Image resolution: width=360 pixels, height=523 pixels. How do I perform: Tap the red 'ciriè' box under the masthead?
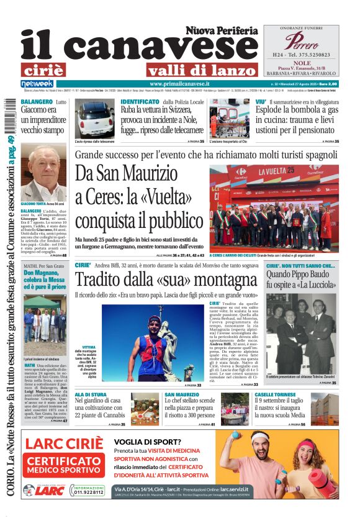(43, 70)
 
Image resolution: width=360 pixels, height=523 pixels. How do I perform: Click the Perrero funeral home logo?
(301, 42)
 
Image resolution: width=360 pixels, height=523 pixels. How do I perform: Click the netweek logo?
(37, 84)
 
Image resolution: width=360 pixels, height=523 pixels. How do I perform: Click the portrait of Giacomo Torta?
(44, 173)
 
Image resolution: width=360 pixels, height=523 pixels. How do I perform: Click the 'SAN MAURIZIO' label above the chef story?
(182, 394)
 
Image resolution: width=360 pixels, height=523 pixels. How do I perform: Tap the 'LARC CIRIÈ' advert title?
(64, 444)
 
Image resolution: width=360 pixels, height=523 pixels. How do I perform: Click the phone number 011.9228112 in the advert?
(86, 492)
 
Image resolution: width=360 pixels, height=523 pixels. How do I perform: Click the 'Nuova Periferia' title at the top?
(221, 30)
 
